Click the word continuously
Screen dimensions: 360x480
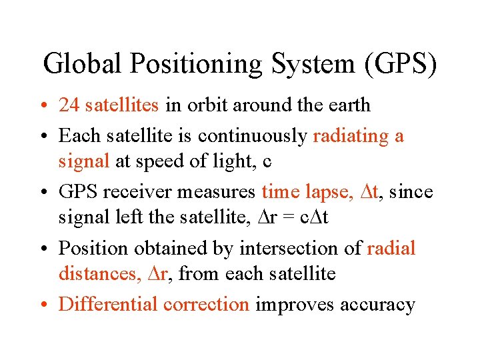253,137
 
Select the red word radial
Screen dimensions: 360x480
391,249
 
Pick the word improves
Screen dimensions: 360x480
295,305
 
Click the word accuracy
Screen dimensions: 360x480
377,305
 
